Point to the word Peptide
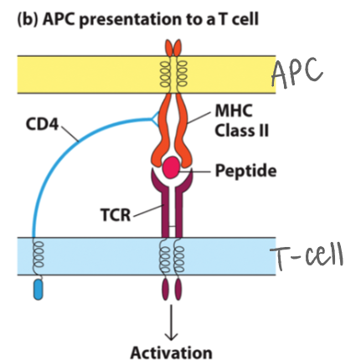(244, 170)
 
